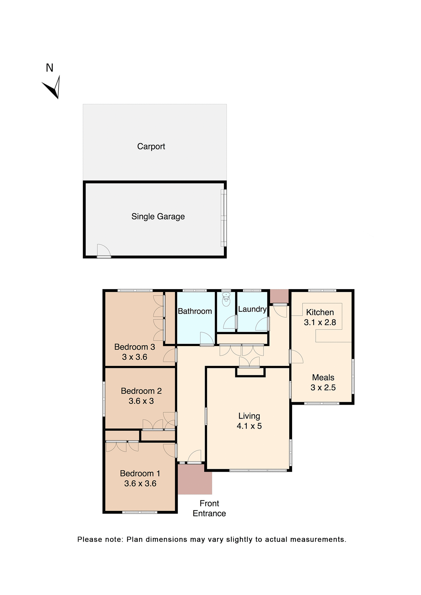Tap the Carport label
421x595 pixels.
tap(151, 146)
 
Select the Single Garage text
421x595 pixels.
tap(158, 216)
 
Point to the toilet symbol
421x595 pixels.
tap(226, 300)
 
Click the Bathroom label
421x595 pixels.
tap(195, 311)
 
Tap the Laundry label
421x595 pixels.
tap(252, 309)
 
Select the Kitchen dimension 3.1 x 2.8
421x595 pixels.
tap(320, 322)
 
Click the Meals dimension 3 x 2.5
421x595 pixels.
tap(323, 387)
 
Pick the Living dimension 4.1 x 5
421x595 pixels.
tap(249, 426)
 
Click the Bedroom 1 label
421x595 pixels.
tap(140, 473)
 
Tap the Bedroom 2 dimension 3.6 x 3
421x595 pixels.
tap(141, 401)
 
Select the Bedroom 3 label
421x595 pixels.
tap(135, 347)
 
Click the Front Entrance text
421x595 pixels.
tap(209, 508)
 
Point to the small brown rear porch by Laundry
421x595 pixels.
tap(279, 296)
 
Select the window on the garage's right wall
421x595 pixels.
tap(224, 218)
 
